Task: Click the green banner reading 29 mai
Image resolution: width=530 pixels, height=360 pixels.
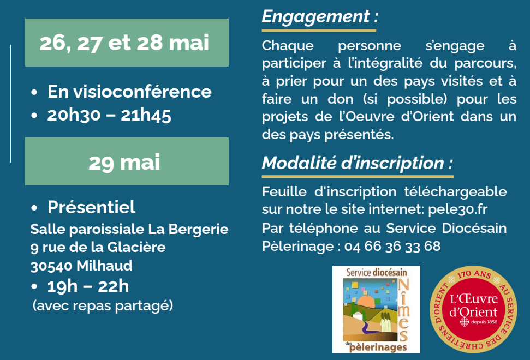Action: click(x=127, y=161)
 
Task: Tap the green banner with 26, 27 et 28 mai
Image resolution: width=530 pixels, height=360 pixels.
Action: click(x=127, y=43)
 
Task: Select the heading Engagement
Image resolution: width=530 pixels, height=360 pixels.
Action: click(x=320, y=16)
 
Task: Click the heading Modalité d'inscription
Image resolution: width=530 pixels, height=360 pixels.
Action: click(x=358, y=163)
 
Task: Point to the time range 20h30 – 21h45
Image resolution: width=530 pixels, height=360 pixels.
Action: click(x=109, y=116)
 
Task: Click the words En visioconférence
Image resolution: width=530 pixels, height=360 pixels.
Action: click(x=129, y=92)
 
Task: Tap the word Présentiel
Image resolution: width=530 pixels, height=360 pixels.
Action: click(x=91, y=207)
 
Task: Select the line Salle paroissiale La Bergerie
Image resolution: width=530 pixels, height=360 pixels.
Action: click(x=129, y=229)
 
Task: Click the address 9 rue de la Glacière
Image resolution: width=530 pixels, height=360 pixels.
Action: click(x=98, y=248)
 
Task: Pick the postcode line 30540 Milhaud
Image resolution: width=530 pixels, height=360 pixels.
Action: click(x=81, y=266)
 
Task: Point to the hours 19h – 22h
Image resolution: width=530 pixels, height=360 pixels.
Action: click(x=88, y=286)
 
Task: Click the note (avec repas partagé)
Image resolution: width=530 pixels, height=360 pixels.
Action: click(x=103, y=305)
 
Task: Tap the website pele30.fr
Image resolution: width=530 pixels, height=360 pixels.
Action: click(x=457, y=209)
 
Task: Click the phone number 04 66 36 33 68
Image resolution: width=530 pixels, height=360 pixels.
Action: click(x=392, y=246)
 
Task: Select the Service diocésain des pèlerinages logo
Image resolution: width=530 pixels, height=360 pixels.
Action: click(x=376, y=309)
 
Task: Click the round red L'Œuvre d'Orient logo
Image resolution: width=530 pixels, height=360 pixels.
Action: click(x=473, y=309)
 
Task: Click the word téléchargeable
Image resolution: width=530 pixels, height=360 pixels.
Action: click(x=455, y=192)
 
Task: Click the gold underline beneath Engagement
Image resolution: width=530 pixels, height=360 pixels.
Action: click(x=319, y=31)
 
